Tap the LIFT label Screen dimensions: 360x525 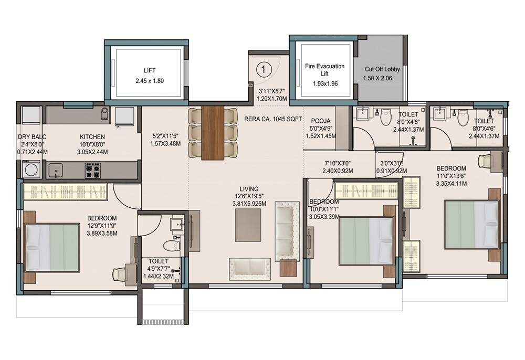[150, 70]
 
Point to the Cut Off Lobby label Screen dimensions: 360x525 [382, 69]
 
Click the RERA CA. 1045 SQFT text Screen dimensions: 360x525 [273, 119]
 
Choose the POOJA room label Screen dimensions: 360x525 [320, 121]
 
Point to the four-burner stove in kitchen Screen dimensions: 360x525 [93, 170]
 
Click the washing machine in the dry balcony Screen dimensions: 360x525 [29, 170]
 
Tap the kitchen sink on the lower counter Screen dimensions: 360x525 [55, 170]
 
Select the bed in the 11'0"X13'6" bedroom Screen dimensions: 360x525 [472, 225]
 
